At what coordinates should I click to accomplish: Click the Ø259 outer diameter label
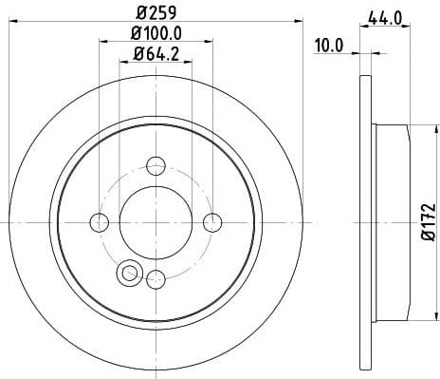point(156,14)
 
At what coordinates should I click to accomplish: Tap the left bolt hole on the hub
point(100,222)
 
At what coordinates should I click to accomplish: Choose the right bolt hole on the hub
point(212,222)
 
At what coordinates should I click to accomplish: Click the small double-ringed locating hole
point(126,275)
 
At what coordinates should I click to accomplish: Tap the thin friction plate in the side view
point(368,221)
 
